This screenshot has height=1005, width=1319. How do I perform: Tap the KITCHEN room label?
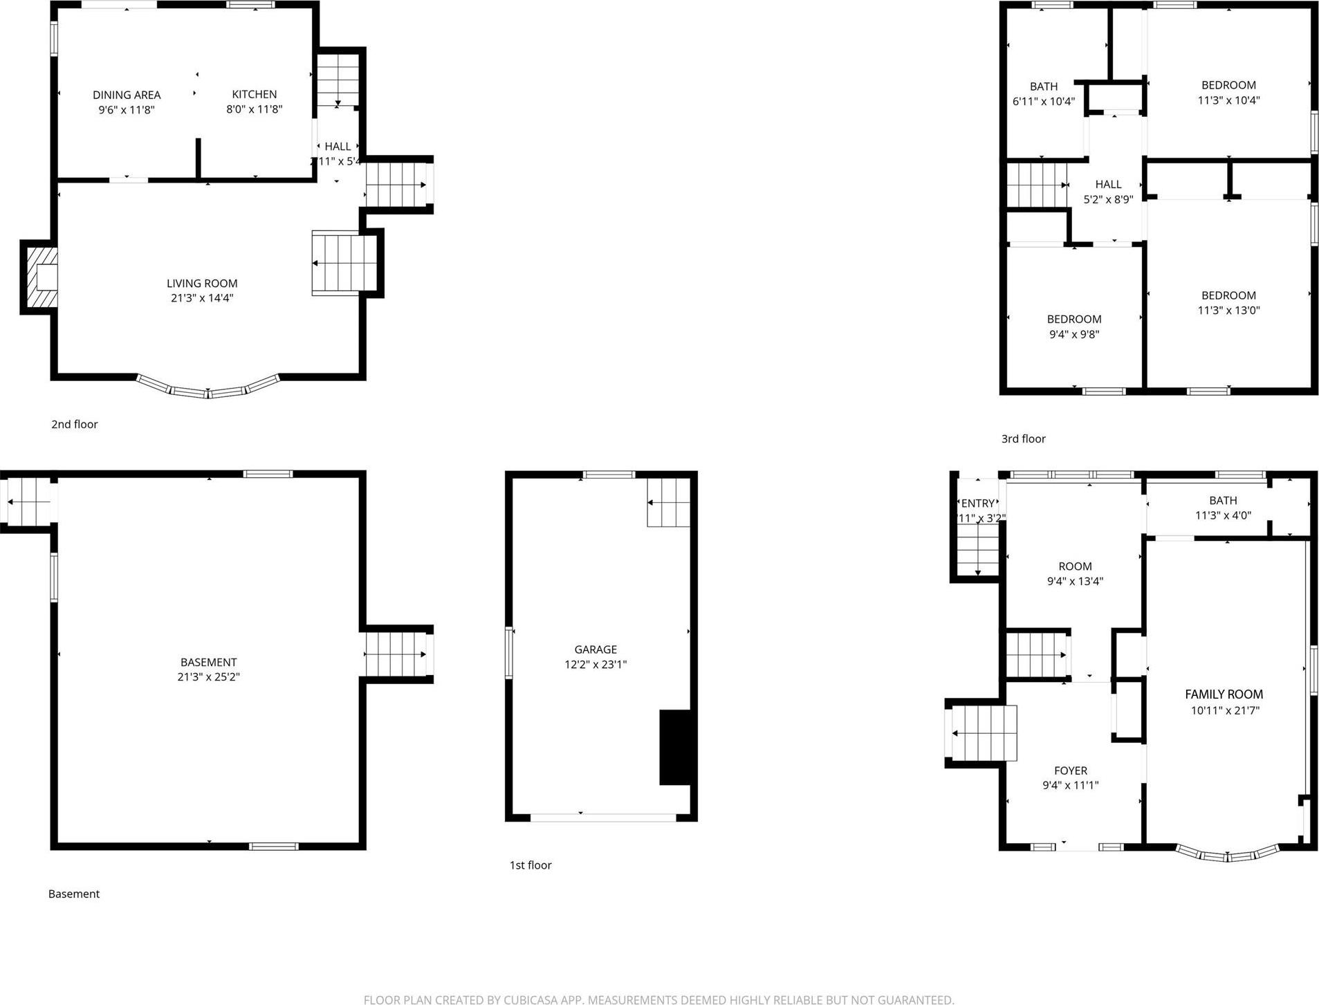point(255,94)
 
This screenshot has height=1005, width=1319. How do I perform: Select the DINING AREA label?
point(127,95)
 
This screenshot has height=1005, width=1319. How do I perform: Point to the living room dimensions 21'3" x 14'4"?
point(202,298)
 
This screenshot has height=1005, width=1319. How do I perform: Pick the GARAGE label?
point(596,649)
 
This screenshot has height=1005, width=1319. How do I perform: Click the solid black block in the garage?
point(675,747)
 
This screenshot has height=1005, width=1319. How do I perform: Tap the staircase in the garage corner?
point(668,512)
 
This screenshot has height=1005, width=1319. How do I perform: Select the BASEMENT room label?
point(208,662)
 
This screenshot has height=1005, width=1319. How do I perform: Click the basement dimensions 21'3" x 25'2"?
point(208,677)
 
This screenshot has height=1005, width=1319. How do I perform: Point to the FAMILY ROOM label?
point(1224,694)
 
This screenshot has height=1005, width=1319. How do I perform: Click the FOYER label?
point(1070,771)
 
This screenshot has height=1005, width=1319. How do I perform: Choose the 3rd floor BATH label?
point(1043,86)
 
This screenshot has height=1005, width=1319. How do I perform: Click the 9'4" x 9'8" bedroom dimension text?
point(1073,335)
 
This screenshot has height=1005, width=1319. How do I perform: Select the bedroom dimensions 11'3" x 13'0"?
point(1228,311)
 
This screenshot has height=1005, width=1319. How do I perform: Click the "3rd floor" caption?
point(1023,439)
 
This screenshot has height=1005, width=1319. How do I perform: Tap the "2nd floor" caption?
point(74,424)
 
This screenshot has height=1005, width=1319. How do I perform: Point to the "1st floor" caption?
point(531,865)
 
